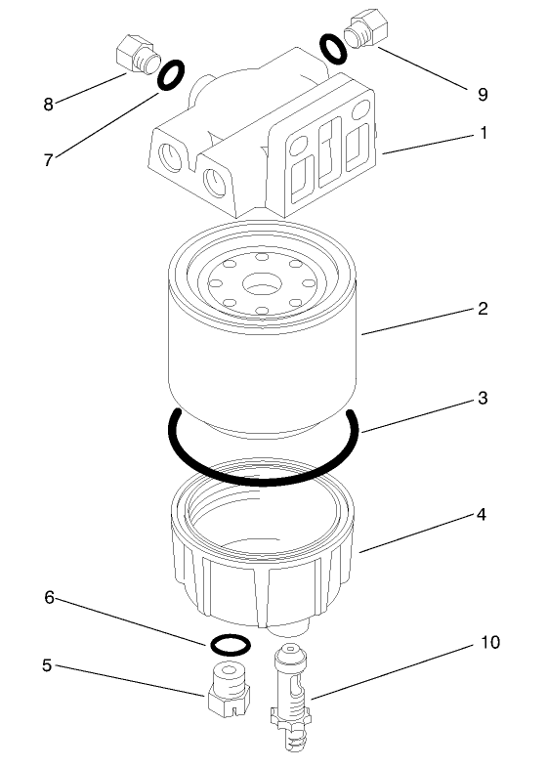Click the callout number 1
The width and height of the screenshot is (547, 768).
[x=483, y=133]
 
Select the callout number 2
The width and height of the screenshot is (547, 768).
[x=483, y=309]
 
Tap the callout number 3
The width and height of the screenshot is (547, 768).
[x=483, y=399]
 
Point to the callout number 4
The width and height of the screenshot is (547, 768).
[x=483, y=514]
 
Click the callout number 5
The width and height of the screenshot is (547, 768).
[x=46, y=665]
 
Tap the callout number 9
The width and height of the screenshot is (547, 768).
[x=483, y=96]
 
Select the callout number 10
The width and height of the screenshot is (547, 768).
[x=488, y=644]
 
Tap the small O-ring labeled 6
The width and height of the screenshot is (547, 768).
[x=229, y=644]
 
